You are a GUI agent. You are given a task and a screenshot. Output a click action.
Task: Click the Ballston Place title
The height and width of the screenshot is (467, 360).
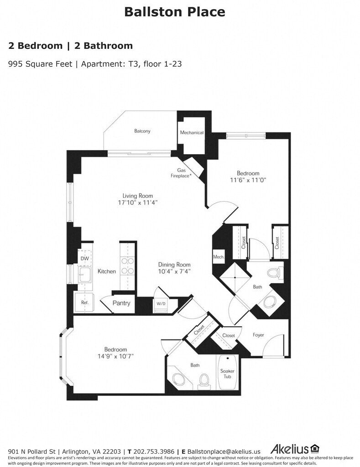[x=174, y=12]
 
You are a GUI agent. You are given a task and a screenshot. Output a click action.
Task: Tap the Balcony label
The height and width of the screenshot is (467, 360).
[x=142, y=131]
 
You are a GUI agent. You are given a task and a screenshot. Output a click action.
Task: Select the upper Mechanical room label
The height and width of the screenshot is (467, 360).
[x=192, y=133]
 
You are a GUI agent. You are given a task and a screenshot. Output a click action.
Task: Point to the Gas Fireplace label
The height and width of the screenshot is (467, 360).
[x=181, y=173]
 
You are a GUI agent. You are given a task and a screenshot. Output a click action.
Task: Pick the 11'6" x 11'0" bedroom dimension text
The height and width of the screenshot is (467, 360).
[x=248, y=180]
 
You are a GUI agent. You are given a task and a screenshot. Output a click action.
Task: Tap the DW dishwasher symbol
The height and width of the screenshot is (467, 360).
[x=84, y=259]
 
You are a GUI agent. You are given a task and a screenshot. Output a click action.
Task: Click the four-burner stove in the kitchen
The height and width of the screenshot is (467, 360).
[x=127, y=266]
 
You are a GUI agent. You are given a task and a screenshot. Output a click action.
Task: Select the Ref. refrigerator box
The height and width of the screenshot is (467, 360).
[x=84, y=302]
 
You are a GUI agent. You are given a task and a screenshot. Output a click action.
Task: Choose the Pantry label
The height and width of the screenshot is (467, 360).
[x=121, y=303]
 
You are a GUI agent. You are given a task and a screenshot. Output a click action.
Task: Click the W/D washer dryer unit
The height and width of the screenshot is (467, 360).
[x=161, y=304]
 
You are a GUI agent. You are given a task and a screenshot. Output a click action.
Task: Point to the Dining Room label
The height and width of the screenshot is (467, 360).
[x=174, y=265]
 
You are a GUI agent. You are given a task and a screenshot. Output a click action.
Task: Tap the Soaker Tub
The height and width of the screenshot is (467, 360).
[x=227, y=372]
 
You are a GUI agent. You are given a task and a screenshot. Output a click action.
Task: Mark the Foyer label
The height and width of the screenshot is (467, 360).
[x=258, y=335]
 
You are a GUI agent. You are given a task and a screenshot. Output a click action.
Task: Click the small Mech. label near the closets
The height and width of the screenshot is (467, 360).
[x=219, y=257]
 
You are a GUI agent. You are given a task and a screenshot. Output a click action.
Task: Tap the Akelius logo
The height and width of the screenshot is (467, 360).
[x=295, y=449]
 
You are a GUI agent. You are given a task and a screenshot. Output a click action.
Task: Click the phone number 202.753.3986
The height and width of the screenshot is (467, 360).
[x=154, y=451]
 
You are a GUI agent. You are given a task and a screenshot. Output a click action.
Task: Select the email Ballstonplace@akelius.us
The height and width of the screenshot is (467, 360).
[x=224, y=452]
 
